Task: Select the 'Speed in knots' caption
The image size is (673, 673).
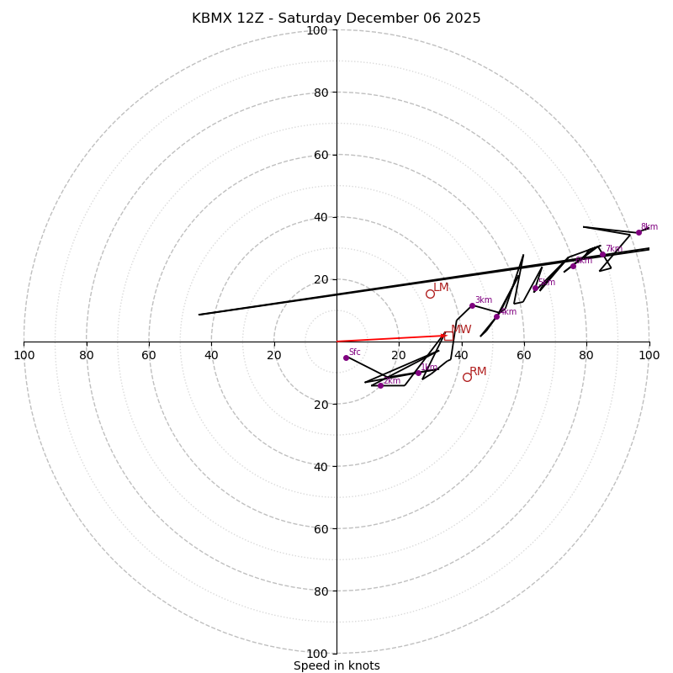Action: (336, 665)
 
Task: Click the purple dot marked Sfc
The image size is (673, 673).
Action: (346, 358)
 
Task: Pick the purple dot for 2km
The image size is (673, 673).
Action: (380, 385)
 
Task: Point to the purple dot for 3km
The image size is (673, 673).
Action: (472, 305)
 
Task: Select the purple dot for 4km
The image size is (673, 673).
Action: (496, 316)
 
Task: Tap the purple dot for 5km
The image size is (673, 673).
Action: (535, 288)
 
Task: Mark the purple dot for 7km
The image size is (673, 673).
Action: (602, 254)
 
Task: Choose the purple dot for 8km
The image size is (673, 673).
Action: (639, 232)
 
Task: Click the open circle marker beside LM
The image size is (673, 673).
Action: (430, 294)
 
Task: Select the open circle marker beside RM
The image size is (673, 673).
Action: (467, 377)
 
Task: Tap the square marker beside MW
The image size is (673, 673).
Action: (448, 336)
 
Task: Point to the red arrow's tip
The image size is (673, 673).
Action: (447, 335)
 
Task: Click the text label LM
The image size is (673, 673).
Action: (441, 288)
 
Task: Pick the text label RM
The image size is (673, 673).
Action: (478, 371)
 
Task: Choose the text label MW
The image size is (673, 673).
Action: (461, 330)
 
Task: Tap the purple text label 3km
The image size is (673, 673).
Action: (484, 299)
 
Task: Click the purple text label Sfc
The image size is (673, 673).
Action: (355, 352)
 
